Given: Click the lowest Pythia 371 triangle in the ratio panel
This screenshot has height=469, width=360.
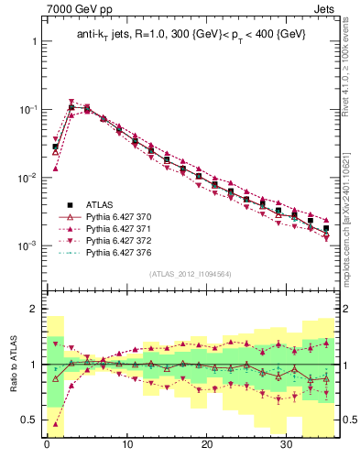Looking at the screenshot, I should (x=55, y=424).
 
